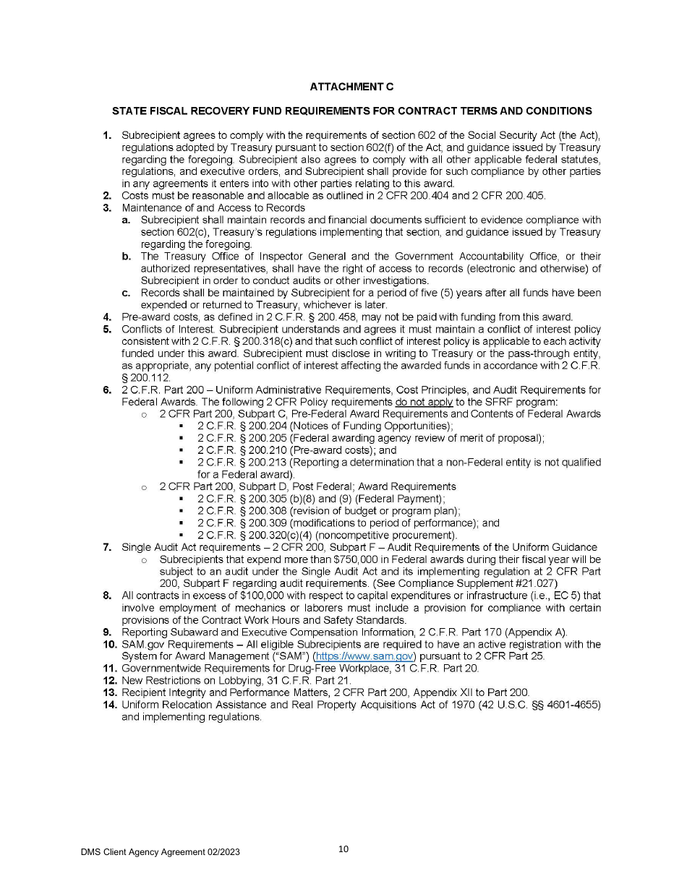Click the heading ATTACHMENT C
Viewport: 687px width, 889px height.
351,87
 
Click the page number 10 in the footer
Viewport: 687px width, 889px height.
343,849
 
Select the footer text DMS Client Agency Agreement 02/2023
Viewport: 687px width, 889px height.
160,852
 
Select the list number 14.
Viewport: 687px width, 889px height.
109,705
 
